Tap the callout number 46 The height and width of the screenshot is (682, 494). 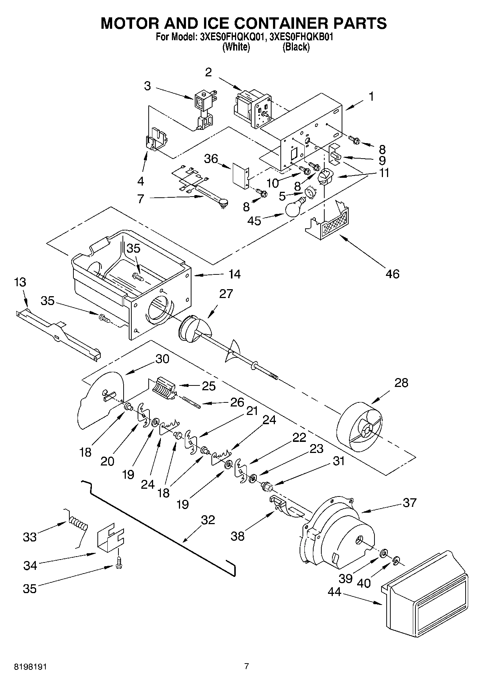click(x=393, y=274)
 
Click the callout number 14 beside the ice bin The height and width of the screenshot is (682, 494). click(x=234, y=274)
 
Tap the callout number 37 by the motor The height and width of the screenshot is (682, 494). click(x=410, y=502)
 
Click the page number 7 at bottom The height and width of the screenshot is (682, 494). click(x=246, y=666)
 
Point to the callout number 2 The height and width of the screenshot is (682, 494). click(x=208, y=72)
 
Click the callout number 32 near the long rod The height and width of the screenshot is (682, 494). click(x=208, y=520)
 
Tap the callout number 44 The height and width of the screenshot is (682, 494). click(x=335, y=592)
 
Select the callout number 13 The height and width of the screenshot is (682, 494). click(x=20, y=282)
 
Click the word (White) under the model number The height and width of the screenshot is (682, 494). click(x=236, y=47)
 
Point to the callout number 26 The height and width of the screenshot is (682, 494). click(x=237, y=402)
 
